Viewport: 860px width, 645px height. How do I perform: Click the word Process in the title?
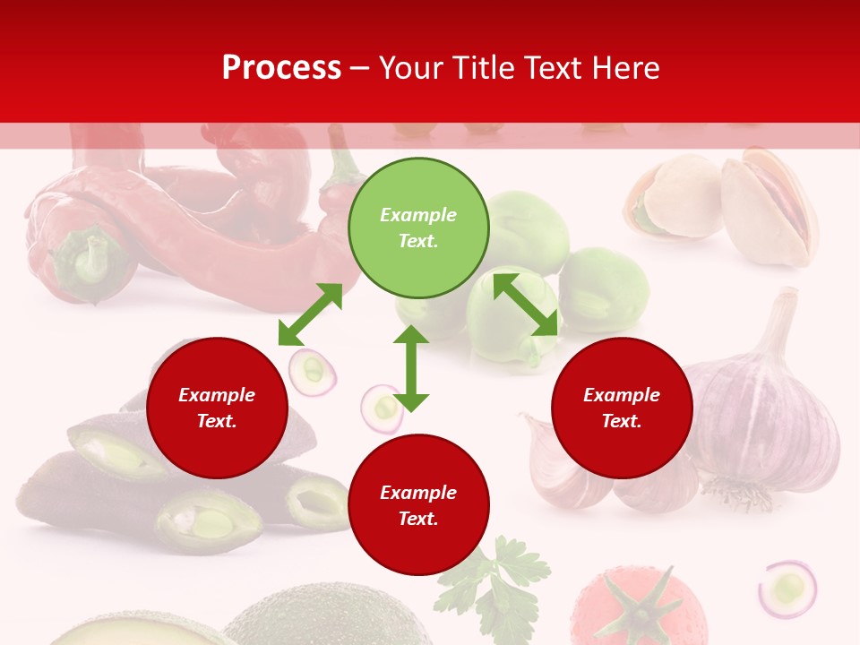click(x=281, y=68)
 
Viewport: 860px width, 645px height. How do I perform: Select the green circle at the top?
click(x=418, y=228)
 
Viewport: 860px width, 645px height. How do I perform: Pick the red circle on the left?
click(x=217, y=408)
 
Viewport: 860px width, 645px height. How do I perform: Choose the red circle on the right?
click(x=622, y=408)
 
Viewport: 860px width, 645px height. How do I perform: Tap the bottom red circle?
click(x=418, y=504)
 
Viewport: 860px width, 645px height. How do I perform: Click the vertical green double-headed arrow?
click(x=411, y=368)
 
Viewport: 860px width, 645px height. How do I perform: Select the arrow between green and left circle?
click(x=310, y=314)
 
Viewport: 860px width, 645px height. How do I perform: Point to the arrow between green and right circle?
click(x=525, y=305)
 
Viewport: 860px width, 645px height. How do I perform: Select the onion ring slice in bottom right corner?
click(x=787, y=589)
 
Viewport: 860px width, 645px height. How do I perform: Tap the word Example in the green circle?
click(x=418, y=215)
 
